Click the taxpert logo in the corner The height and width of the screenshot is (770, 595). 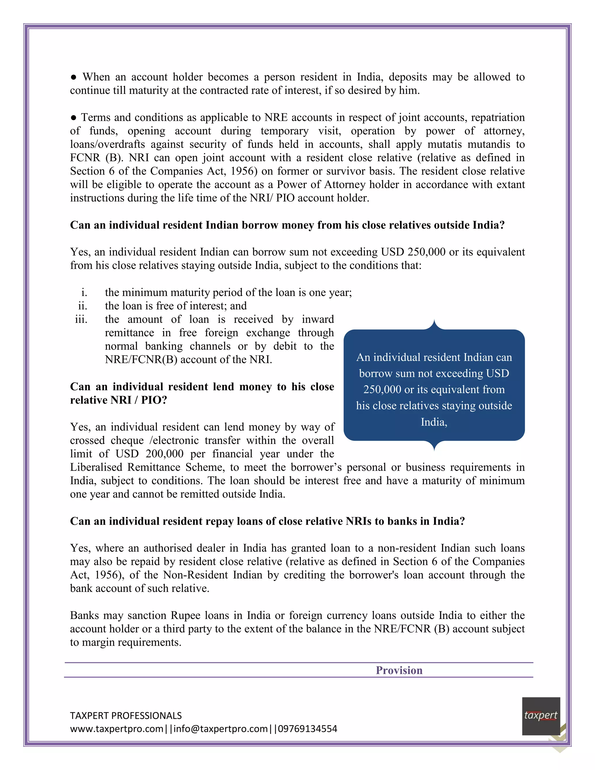(x=541, y=716)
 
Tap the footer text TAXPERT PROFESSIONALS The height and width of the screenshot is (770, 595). (x=126, y=715)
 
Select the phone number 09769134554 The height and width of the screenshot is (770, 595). (x=307, y=729)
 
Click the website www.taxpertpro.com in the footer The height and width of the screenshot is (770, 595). (x=117, y=729)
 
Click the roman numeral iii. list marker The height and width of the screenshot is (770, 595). (x=81, y=319)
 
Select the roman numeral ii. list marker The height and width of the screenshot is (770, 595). (x=83, y=306)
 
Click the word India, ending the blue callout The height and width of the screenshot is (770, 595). (x=434, y=422)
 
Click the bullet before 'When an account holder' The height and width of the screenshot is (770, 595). (x=74, y=77)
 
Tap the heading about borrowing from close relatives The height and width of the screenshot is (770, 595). (x=287, y=225)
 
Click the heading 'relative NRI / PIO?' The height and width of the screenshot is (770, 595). (x=119, y=400)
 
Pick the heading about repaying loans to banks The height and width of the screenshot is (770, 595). (x=267, y=521)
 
